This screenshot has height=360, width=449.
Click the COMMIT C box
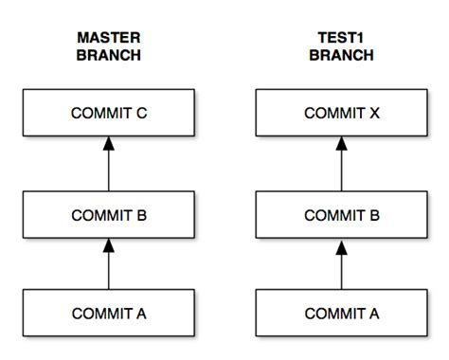[x=108, y=114]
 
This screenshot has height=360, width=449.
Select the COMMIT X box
[x=340, y=114]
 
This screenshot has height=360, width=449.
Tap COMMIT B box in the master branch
[x=108, y=215]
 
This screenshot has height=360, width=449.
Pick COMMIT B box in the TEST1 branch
[x=340, y=215]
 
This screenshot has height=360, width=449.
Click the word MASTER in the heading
[x=108, y=38]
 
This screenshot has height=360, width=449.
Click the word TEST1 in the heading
[x=340, y=38]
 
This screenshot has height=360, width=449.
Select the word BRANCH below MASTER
[x=108, y=55]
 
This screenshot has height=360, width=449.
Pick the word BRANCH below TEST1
[x=340, y=55]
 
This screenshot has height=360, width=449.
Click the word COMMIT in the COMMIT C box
[x=99, y=114]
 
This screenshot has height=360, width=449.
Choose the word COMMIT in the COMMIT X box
[x=332, y=114]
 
